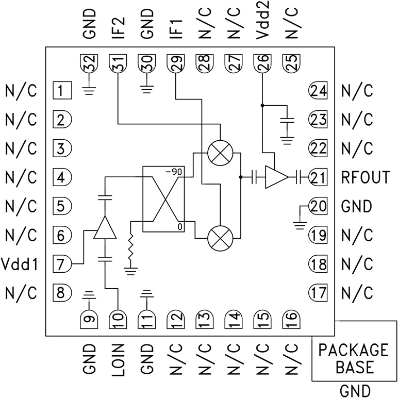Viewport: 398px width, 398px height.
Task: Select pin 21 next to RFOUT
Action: click(318, 178)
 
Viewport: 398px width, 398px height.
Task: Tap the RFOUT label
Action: click(365, 178)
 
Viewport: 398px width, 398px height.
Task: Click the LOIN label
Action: click(119, 361)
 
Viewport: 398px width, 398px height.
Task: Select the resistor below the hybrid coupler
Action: click(132, 251)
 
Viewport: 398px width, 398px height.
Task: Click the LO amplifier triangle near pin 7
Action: click(105, 228)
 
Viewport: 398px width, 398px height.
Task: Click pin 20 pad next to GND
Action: click(318, 207)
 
